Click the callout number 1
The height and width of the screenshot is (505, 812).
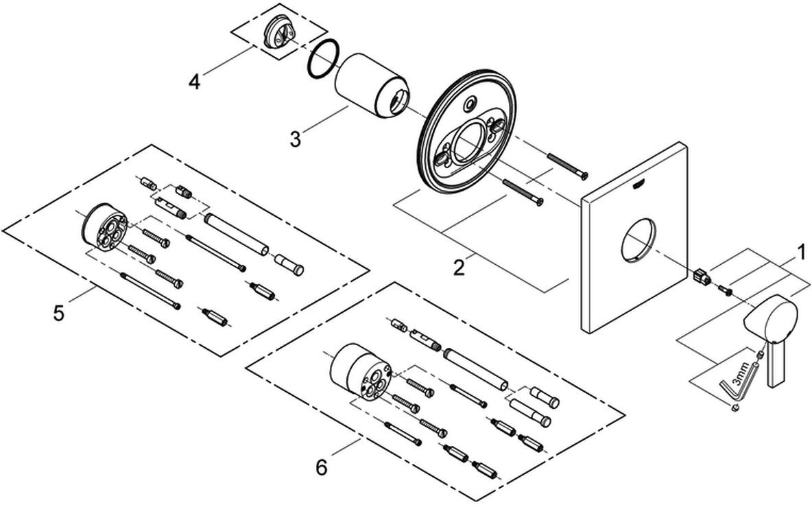[801, 253]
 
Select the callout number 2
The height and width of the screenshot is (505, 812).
[459, 268]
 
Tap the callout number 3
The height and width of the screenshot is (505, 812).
[295, 139]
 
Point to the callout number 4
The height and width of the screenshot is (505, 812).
[194, 82]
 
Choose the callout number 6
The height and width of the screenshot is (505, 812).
[322, 468]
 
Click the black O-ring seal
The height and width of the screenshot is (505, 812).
[323, 59]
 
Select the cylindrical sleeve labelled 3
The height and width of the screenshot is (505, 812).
[372, 86]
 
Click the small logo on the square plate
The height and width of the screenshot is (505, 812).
[639, 183]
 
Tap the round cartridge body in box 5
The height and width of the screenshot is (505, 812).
[104, 226]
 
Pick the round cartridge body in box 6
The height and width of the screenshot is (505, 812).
[359, 371]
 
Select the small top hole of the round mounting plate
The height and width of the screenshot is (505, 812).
[470, 103]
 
